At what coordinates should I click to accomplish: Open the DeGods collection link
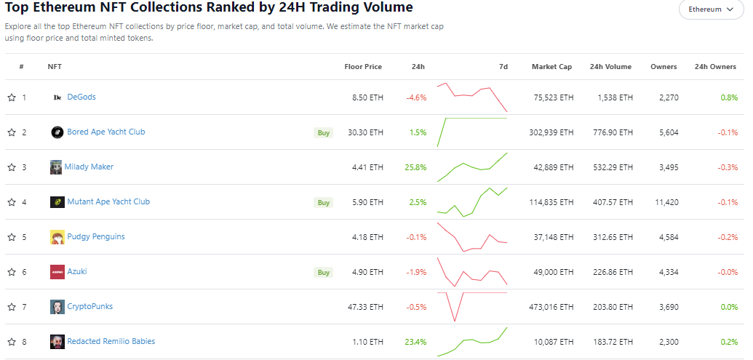[x=81, y=97]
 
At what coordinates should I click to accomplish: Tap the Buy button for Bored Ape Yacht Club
[x=323, y=132]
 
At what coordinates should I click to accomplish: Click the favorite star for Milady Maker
[x=12, y=167]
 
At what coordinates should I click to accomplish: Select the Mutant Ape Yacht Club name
[x=108, y=201]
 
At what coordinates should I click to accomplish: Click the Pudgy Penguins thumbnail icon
[x=57, y=237]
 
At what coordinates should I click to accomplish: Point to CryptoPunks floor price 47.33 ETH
[x=365, y=307]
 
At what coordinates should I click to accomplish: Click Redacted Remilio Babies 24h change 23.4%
[x=416, y=342]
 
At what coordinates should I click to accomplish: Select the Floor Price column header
[x=363, y=67]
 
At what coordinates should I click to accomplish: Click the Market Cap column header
[x=551, y=67]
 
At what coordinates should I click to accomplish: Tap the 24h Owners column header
[x=715, y=67]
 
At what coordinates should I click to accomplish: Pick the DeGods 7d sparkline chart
[x=471, y=97]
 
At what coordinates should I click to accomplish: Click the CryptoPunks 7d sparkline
[x=471, y=306]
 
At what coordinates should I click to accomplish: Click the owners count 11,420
[x=666, y=202]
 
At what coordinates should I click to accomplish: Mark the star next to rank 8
[x=12, y=342]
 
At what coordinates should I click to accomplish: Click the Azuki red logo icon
[x=57, y=272]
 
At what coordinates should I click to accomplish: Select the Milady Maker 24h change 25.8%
[x=415, y=167]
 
